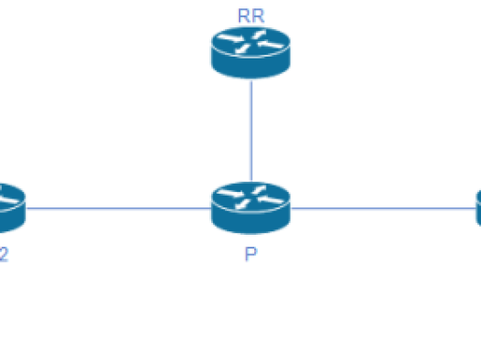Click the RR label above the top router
(x=251, y=16)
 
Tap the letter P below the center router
(x=251, y=254)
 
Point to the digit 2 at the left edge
(x=4, y=255)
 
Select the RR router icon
(x=251, y=53)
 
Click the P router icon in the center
(x=251, y=208)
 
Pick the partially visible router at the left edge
(x=13, y=208)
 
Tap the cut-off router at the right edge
(x=478, y=208)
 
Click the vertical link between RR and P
(x=251, y=131)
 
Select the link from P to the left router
(x=119, y=208)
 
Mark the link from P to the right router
(x=383, y=208)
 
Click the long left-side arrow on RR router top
(x=231, y=38)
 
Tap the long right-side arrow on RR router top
(x=271, y=45)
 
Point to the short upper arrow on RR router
(x=259, y=35)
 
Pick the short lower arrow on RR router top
(x=242, y=48)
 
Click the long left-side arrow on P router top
(x=231, y=193)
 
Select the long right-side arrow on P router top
(x=271, y=200)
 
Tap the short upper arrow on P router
(x=259, y=190)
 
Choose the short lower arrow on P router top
(x=242, y=204)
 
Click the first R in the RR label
(x=244, y=16)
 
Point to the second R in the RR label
(x=258, y=16)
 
